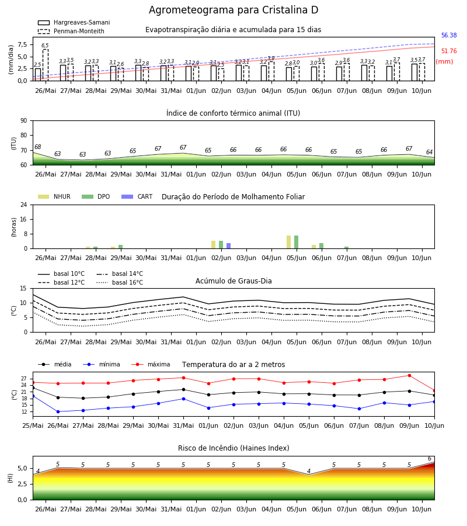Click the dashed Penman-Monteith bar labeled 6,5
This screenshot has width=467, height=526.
[45, 65]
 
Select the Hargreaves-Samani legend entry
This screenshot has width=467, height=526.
[74, 22]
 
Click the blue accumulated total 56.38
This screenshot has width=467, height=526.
[449, 35]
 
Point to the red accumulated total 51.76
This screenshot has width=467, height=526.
[449, 51]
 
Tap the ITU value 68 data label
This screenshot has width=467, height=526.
[37, 147]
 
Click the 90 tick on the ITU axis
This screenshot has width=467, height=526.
[24, 121]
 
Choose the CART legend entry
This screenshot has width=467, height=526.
[137, 196]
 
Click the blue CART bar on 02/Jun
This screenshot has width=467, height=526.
[228, 246]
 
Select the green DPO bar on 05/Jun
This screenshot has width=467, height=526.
[296, 242]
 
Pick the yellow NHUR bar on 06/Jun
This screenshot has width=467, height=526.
[314, 247]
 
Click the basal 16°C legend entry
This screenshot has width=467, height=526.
[120, 282]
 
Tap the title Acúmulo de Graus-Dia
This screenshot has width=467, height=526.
[233, 281]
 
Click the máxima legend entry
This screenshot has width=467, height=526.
[151, 364]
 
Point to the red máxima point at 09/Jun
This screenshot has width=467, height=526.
[409, 375]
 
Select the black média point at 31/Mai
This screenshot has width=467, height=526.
[183, 389]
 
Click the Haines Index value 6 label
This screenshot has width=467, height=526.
[430, 459]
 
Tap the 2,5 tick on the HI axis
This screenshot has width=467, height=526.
[23, 484]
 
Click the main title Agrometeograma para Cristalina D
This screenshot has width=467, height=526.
[233, 10]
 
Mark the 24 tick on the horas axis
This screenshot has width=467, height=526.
[24, 205]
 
